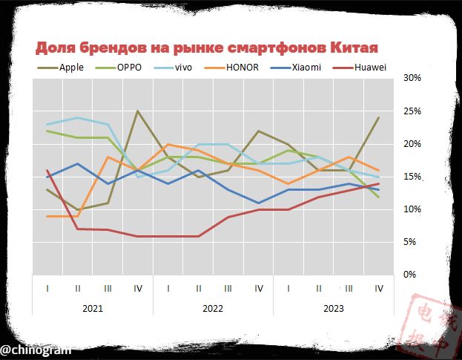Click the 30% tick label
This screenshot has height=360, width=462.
(x=412, y=78)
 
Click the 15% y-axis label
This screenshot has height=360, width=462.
(x=412, y=177)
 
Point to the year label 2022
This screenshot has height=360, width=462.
(x=213, y=307)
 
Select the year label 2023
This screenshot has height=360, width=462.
(x=334, y=307)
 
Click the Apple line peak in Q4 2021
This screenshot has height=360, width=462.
(x=138, y=111)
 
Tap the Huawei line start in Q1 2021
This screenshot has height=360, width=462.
(x=47, y=170)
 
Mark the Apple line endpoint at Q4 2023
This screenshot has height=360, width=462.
(x=380, y=117)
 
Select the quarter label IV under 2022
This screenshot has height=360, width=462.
(x=259, y=288)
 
